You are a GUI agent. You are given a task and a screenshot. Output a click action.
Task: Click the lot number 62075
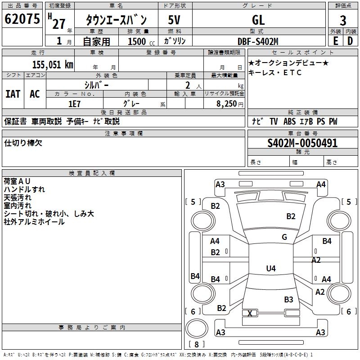(22, 19)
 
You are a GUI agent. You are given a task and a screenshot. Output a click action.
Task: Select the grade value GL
(258, 20)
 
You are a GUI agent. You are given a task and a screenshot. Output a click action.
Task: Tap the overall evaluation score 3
(343, 20)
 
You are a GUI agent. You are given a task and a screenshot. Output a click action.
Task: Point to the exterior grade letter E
(335, 40)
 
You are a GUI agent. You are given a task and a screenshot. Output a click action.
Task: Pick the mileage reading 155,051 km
(53, 64)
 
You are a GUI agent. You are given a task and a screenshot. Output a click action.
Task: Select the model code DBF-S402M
(258, 41)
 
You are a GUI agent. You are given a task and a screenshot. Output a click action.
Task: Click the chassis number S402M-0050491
(302, 143)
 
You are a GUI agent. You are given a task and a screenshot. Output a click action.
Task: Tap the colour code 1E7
(74, 103)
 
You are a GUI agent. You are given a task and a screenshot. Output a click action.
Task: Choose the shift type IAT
(13, 94)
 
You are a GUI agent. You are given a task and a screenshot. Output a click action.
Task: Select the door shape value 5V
(174, 20)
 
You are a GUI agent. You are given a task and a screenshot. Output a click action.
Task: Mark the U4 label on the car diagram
(270, 269)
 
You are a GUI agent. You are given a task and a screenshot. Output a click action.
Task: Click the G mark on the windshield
(284, 237)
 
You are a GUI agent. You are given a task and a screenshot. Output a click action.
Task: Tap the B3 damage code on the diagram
(288, 299)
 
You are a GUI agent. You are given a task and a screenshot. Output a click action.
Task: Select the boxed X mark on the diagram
(250, 313)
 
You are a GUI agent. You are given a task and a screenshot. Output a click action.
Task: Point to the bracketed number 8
(197, 344)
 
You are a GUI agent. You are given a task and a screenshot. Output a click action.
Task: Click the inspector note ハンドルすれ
(24, 189)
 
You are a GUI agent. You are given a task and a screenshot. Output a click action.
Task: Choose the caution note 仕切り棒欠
(23, 143)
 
